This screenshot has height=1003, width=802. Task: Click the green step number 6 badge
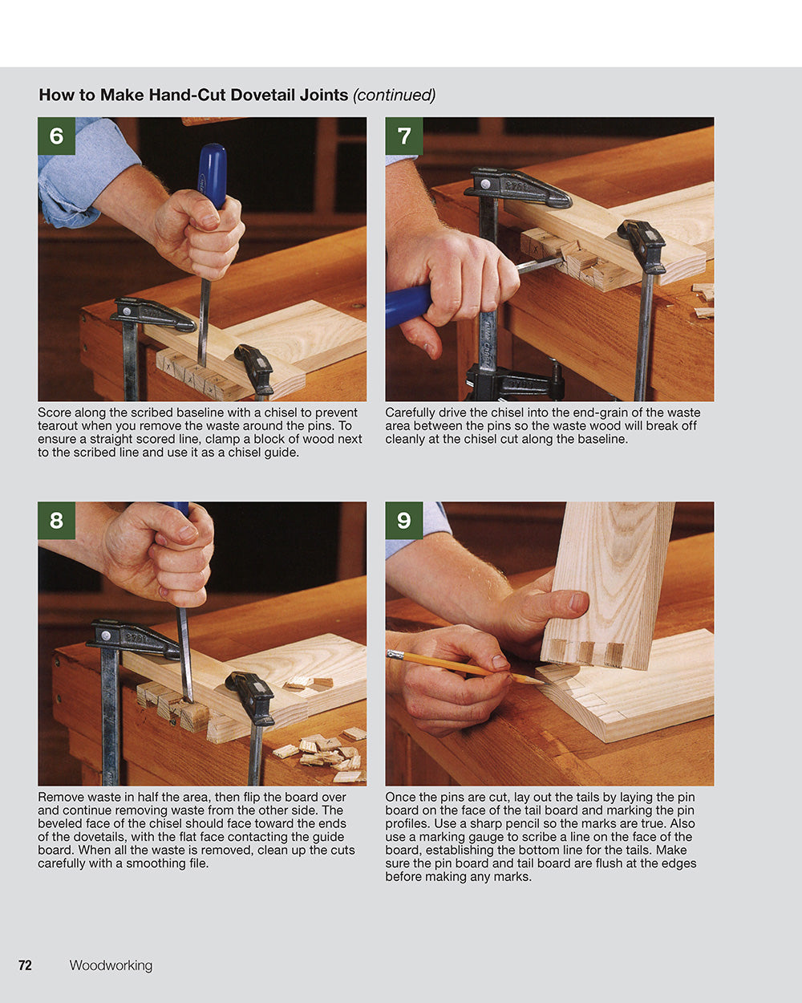coord(56,136)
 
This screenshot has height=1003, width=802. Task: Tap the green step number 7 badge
coord(403,136)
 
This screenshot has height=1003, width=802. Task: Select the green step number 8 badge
coord(56,520)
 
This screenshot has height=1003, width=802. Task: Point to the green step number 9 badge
coord(403,520)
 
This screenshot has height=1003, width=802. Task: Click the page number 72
coord(25,965)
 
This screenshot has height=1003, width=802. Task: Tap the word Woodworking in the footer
coord(111,965)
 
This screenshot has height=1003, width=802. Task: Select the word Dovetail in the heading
coord(262,95)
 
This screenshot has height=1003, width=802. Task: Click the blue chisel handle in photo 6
coord(213,173)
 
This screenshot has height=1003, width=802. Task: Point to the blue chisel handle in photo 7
coord(407,306)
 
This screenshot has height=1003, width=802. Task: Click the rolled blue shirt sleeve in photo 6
coord(76,173)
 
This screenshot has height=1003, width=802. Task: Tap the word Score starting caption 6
coord(55,413)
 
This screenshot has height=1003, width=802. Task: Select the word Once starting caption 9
coord(400,798)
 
